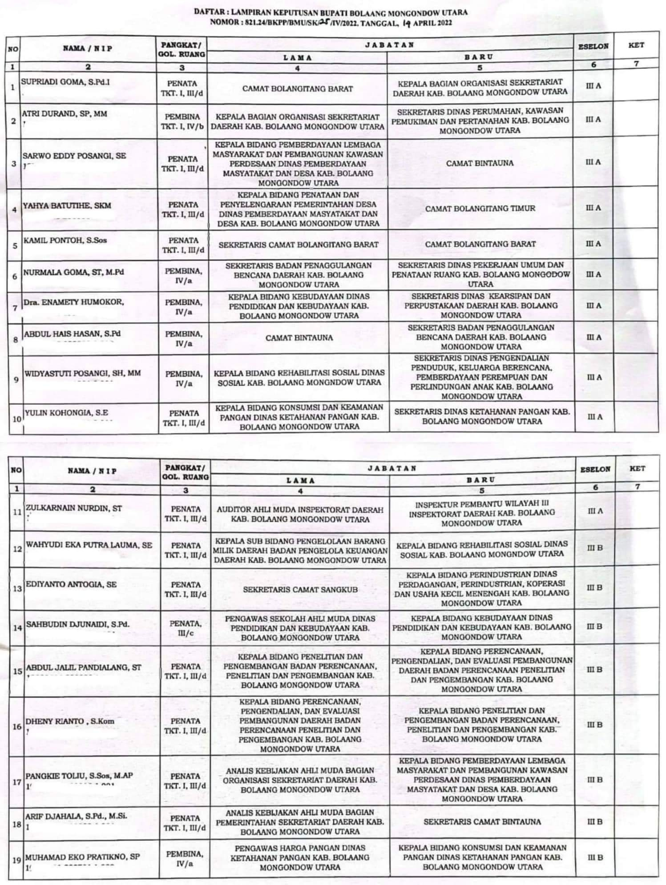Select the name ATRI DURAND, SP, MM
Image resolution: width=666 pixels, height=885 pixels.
[x=65, y=114]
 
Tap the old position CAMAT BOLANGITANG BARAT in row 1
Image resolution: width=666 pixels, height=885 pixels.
[x=297, y=88]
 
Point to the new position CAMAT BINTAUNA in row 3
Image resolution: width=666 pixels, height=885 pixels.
[x=480, y=163]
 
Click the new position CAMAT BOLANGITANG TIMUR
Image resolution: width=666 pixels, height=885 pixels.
[x=480, y=208]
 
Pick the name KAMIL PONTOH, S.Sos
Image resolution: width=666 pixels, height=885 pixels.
[x=65, y=240]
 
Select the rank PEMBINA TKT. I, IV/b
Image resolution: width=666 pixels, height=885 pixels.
[x=182, y=121]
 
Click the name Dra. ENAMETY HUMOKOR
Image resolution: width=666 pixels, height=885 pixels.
[x=73, y=302]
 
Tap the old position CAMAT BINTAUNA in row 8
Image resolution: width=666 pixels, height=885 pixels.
[x=299, y=338]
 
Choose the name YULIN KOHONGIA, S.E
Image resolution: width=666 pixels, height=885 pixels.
[x=66, y=413]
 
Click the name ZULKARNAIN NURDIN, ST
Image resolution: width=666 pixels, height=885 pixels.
[x=73, y=508]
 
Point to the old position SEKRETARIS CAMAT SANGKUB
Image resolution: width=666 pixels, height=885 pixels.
[x=300, y=589]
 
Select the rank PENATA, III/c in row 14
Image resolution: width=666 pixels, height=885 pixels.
[x=186, y=628]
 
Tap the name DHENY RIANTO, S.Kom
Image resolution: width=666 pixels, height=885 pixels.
[x=70, y=721]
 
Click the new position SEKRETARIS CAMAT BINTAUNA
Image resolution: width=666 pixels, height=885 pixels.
[x=482, y=821]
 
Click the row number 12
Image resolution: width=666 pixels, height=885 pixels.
[x=17, y=549]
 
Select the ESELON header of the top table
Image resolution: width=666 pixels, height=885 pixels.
[x=593, y=46]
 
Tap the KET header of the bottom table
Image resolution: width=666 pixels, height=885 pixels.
[x=637, y=469]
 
